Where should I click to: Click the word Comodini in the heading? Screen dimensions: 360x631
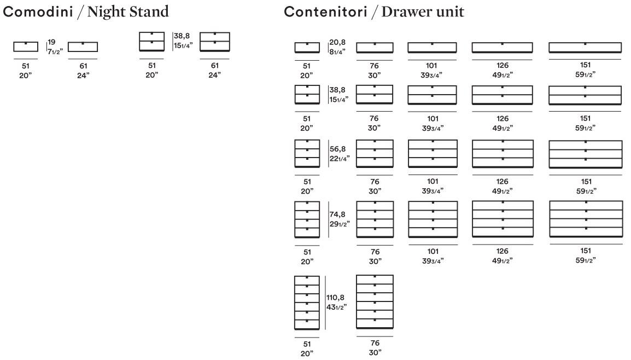pyautogui.click(x=37, y=10)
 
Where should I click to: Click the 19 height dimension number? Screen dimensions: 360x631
pyautogui.click(x=51, y=42)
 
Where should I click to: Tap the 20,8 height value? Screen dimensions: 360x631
pyautogui.click(x=337, y=42)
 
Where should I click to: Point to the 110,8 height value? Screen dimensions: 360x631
pyautogui.click(x=336, y=297)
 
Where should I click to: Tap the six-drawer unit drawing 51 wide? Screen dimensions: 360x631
pyautogui.click(x=307, y=303)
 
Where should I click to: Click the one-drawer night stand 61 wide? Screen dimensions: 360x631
pyautogui.click(x=83, y=47)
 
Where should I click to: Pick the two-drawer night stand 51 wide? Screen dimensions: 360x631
pyautogui.click(x=151, y=42)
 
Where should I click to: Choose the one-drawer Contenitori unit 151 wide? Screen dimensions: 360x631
pyautogui.click(x=585, y=48)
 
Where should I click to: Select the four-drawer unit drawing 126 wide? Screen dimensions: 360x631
pyautogui.click(x=503, y=219)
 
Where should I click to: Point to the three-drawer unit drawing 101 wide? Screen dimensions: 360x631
pyautogui.click(x=433, y=154)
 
